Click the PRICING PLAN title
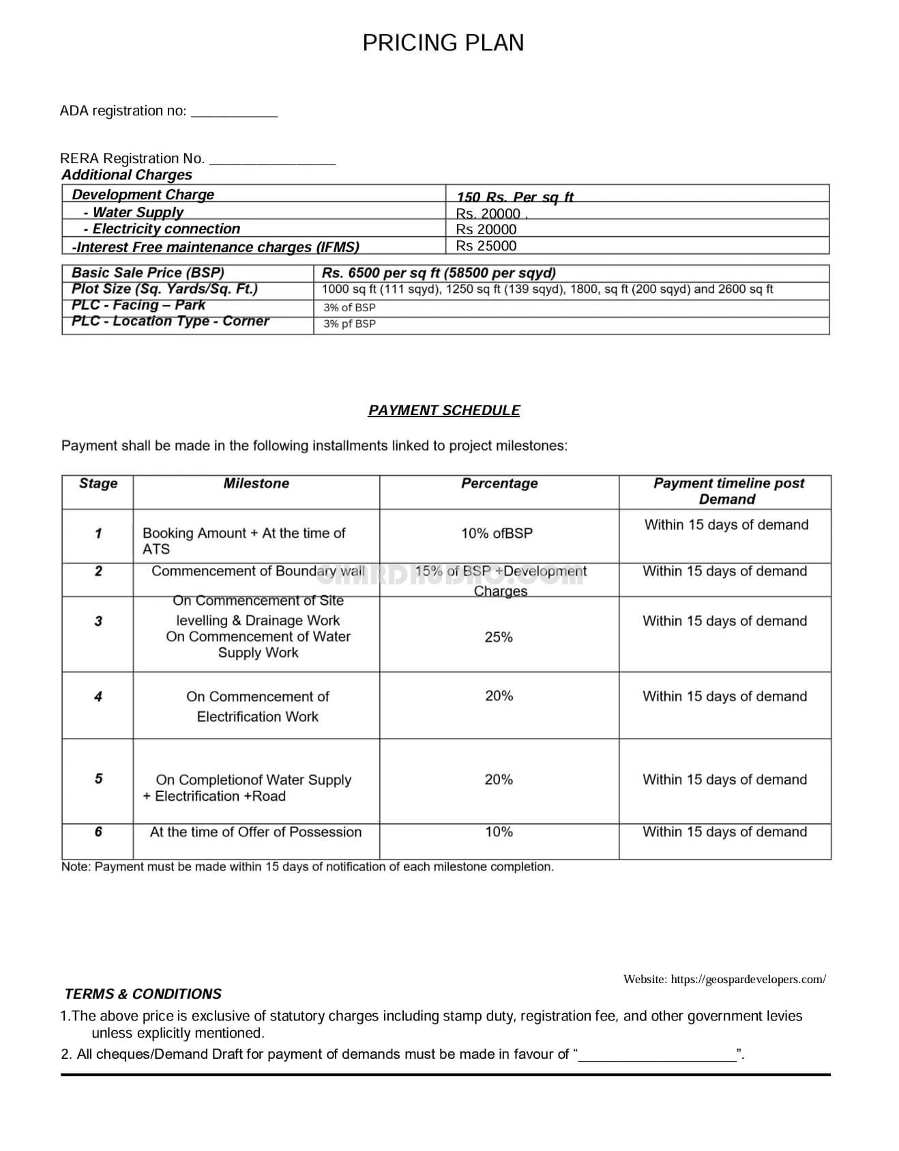443,43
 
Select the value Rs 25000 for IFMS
486,246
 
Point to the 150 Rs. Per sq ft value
515,197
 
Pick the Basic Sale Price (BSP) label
148,272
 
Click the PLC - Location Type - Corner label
171,322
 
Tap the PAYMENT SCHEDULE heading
444,410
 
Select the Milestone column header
256,483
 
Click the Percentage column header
499,483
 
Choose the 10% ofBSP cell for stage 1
497,533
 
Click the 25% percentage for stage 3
499,637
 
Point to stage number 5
98,779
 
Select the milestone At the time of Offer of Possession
256,832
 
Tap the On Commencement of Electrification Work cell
258,706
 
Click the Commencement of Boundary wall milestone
258,571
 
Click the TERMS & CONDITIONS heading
143,994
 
